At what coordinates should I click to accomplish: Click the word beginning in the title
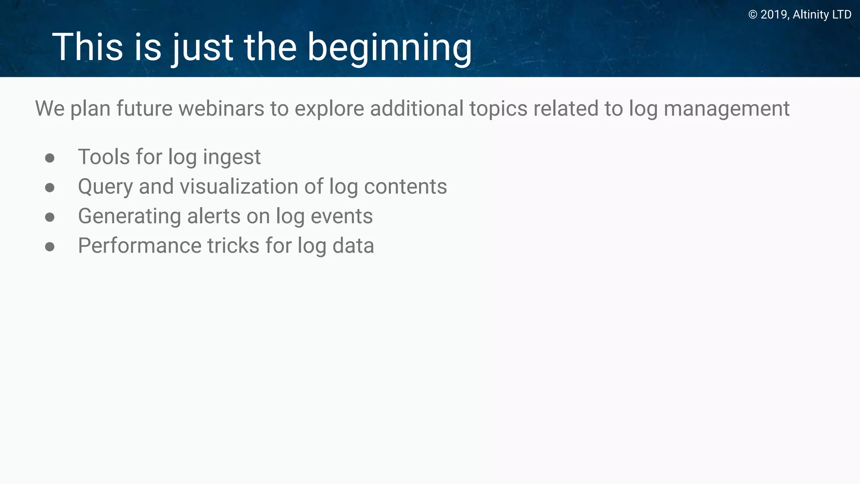(389, 48)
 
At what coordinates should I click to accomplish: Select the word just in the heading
(202, 48)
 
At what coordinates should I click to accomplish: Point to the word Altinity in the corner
(810, 15)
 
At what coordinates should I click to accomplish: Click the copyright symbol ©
(753, 15)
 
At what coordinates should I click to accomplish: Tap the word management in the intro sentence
(726, 109)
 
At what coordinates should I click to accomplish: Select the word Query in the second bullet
(105, 187)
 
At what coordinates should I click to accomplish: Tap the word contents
(405, 187)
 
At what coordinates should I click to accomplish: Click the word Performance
(139, 246)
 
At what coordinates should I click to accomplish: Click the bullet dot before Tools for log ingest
(50, 158)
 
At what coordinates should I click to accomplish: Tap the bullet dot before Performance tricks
(50, 247)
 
